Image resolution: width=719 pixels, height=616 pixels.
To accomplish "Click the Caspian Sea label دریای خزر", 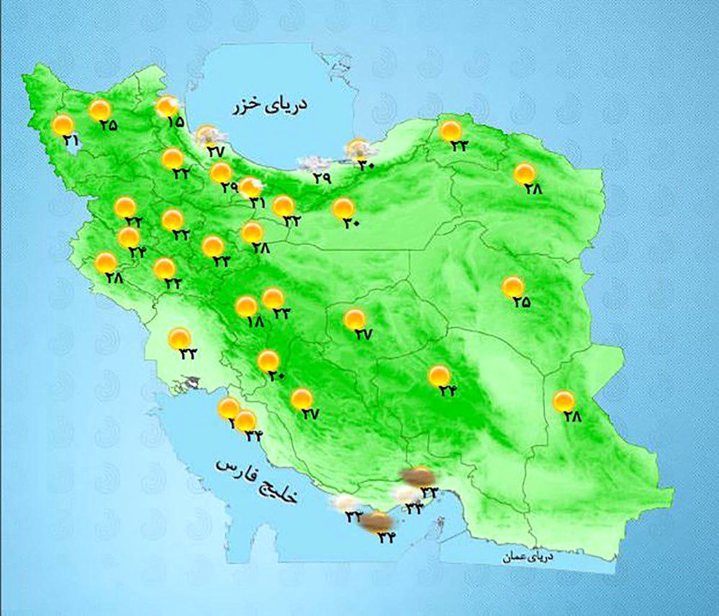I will pos(270,106).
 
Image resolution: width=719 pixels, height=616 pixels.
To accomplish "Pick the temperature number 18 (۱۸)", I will pos(255,321).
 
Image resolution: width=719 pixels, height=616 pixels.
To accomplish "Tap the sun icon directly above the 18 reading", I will pos(246,307).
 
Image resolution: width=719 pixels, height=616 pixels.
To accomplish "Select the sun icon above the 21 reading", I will pos(62,125).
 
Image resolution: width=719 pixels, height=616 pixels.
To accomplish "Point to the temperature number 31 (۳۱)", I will pos(258,203).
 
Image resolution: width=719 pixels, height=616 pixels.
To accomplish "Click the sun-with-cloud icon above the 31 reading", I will pos(250,187).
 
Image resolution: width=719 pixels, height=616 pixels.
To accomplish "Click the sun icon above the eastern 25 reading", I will pos(512,287).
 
